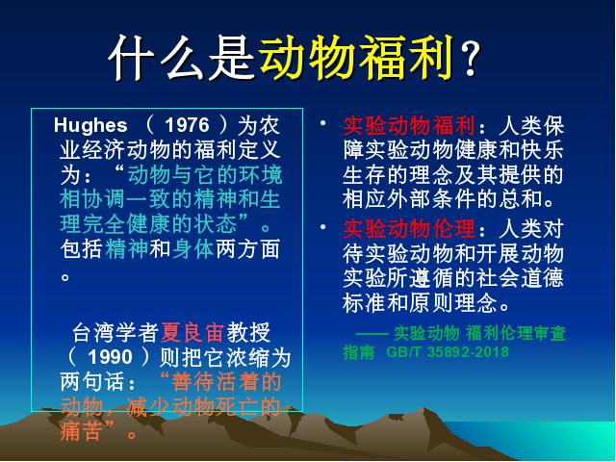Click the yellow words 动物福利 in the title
tap(357, 58)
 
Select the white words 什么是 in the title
tap(183, 58)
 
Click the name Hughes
tap(90, 125)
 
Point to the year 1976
tap(187, 125)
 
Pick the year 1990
tap(110, 357)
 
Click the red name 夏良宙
tap(192, 332)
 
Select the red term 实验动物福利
tap(409, 126)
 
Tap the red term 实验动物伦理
tap(409, 229)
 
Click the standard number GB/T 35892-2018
tap(448, 351)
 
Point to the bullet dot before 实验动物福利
tap(323, 123)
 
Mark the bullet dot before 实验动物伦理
tap(323, 227)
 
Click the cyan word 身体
tap(192, 249)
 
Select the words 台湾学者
tap(115, 332)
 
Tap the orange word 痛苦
tap(82, 431)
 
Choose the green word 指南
tap(358, 351)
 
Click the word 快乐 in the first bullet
tap(543, 150)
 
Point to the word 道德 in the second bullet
tap(543, 278)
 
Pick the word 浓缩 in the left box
tap(247, 357)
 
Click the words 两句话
tap(92, 382)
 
